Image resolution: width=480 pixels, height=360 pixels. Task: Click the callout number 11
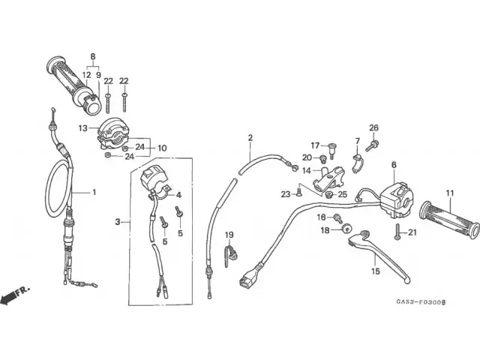pos(449,193)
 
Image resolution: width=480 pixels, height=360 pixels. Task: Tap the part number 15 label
pos(375,272)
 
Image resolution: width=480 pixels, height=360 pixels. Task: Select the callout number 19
pos(229,235)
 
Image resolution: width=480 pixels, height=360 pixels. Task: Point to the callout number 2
pos(250,137)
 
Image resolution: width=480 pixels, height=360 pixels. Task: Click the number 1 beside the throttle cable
pos(94,192)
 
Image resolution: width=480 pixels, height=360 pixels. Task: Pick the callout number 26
pos(373,127)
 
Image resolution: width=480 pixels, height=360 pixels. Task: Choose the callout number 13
pos(82,128)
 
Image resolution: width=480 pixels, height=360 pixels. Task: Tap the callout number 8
pos(93,57)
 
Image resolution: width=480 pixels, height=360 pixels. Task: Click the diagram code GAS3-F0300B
pos(421,301)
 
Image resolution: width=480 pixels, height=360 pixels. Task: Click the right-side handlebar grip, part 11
pos(448,219)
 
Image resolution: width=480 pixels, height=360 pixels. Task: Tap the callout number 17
pos(315,145)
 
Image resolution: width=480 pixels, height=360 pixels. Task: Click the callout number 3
pos(118,221)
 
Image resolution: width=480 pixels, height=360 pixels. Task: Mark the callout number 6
pos(393,164)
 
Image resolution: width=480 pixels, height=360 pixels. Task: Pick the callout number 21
pos(412,233)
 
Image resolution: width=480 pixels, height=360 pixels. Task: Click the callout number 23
pos(286,195)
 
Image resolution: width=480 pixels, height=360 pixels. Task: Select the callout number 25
pos(343,195)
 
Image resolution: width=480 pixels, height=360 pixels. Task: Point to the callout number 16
pos(322,217)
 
